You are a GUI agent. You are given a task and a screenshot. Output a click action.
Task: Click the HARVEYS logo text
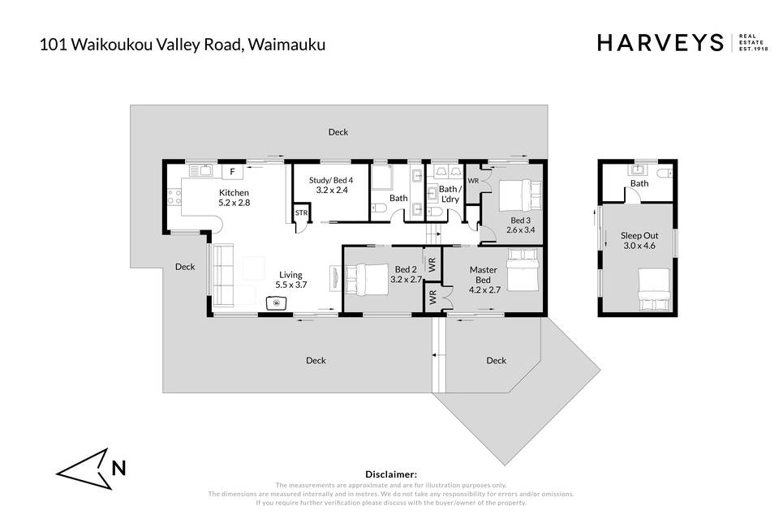(660, 43)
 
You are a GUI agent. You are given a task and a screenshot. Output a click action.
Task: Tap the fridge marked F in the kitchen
(232, 172)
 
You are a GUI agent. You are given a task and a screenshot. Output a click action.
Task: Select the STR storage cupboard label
(301, 213)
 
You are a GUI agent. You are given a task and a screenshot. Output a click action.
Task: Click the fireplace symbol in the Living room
(276, 303)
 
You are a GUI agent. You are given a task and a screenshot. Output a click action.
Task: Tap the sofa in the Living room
(223, 276)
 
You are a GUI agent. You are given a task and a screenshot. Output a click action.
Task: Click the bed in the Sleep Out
(654, 290)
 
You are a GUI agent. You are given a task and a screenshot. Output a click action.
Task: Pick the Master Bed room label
(483, 275)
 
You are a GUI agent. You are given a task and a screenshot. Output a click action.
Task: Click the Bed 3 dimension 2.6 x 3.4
(520, 230)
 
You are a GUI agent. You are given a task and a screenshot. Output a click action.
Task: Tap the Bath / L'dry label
(450, 194)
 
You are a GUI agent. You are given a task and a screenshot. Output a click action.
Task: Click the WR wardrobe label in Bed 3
(473, 181)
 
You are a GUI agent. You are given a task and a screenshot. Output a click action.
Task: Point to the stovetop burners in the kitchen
(174, 196)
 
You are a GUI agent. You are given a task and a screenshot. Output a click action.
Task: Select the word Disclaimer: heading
(391, 474)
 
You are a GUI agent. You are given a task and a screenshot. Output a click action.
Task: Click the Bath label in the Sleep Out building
(639, 183)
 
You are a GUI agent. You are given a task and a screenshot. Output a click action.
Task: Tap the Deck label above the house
(338, 132)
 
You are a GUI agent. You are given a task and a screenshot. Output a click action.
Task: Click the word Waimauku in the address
(287, 45)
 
